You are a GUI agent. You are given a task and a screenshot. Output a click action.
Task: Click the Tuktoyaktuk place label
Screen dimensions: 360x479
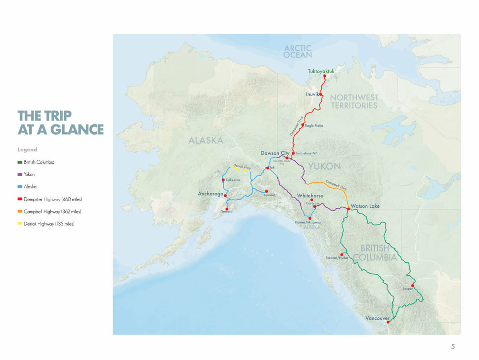(x=321, y=71)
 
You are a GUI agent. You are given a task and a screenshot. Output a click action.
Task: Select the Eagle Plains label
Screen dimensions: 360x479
(x=314, y=125)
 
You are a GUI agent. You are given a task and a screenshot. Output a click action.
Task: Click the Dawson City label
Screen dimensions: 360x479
(x=275, y=153)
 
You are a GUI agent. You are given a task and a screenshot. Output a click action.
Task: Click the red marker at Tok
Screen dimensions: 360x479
(x=267, y=168)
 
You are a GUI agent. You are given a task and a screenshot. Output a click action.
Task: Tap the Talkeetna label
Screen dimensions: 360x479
(x=233, y=180)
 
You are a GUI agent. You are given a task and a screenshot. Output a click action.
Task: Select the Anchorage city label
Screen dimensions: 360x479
(x=210, y=194)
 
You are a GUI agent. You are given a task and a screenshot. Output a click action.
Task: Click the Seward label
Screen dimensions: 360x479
(x=227, y=211)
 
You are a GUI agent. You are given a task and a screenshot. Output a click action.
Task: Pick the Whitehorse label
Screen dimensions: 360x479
(x=310, y=196)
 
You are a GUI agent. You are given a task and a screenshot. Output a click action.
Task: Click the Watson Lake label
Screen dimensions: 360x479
(x=365, y=206)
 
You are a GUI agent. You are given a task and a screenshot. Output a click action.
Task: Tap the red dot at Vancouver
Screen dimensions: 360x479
(x=388, y=322)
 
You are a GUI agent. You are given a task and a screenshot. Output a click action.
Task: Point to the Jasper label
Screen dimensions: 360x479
(x=408, y=289)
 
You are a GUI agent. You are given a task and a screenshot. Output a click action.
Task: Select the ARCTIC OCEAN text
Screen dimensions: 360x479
(x=297, y=51)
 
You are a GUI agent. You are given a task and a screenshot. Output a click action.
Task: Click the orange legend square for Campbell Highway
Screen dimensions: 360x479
(x=20, y=212)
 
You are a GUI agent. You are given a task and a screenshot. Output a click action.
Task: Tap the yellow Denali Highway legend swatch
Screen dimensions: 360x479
(x=20, y=224)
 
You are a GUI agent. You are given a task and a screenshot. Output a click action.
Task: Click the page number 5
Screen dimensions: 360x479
(x=453, y=347)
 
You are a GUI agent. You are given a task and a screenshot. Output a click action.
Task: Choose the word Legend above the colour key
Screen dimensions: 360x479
(x=27, y=150)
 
